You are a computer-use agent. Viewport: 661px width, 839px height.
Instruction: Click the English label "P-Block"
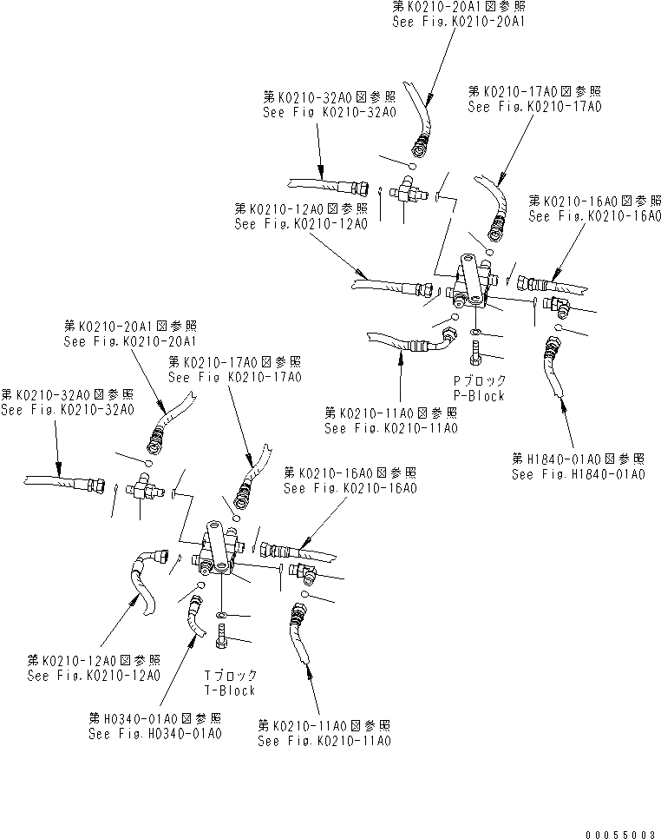point(479,396)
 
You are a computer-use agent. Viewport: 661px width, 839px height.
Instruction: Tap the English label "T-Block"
point(229,690)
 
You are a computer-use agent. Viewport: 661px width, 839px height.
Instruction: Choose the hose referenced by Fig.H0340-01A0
point(193,621)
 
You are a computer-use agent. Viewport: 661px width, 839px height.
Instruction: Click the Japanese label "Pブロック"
point(480,381)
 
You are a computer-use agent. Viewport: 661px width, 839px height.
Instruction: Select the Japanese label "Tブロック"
point(230,676)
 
